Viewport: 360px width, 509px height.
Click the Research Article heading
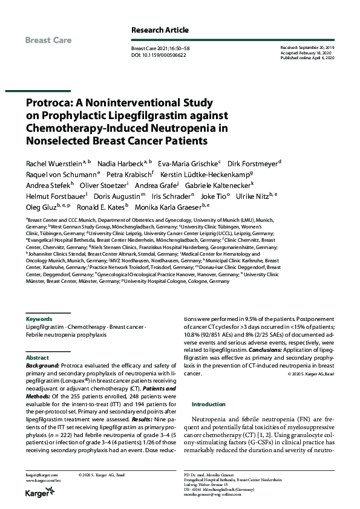click(160, 30)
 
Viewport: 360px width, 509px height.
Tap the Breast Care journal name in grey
click(48, 41)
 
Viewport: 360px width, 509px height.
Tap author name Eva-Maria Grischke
click(188, 163)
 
